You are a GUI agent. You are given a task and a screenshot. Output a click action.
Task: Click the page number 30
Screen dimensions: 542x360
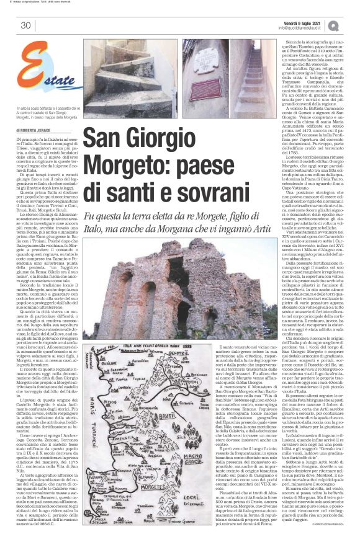pyautogui.click(x=25, y=25)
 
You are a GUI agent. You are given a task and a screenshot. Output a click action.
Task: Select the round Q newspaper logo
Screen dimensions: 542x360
pyautogui.click(x=348, y=25)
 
